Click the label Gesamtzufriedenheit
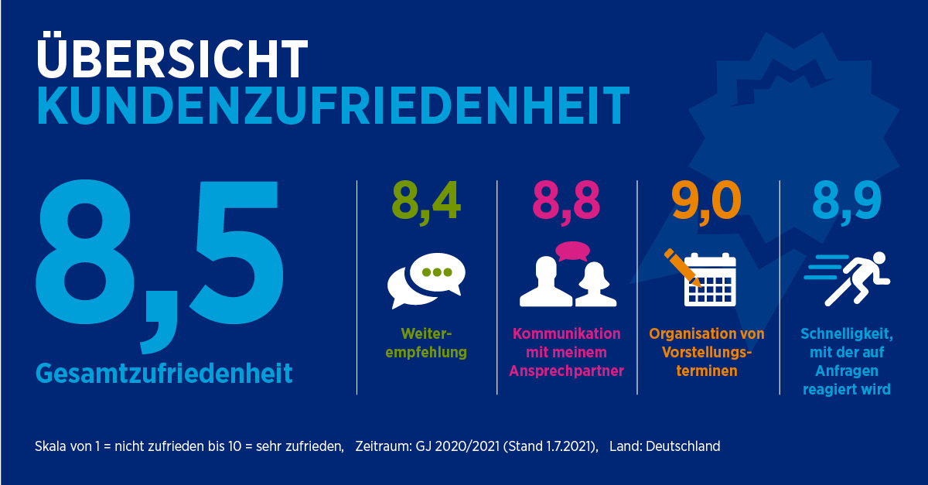click(164, 374)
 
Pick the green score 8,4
click(426, 201)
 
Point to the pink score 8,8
click(567, 201)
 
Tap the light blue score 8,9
click(846, 201)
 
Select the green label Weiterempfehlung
click(426, 343)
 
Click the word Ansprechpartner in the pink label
click(566, 371)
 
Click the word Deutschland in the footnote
click(681, 446)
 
